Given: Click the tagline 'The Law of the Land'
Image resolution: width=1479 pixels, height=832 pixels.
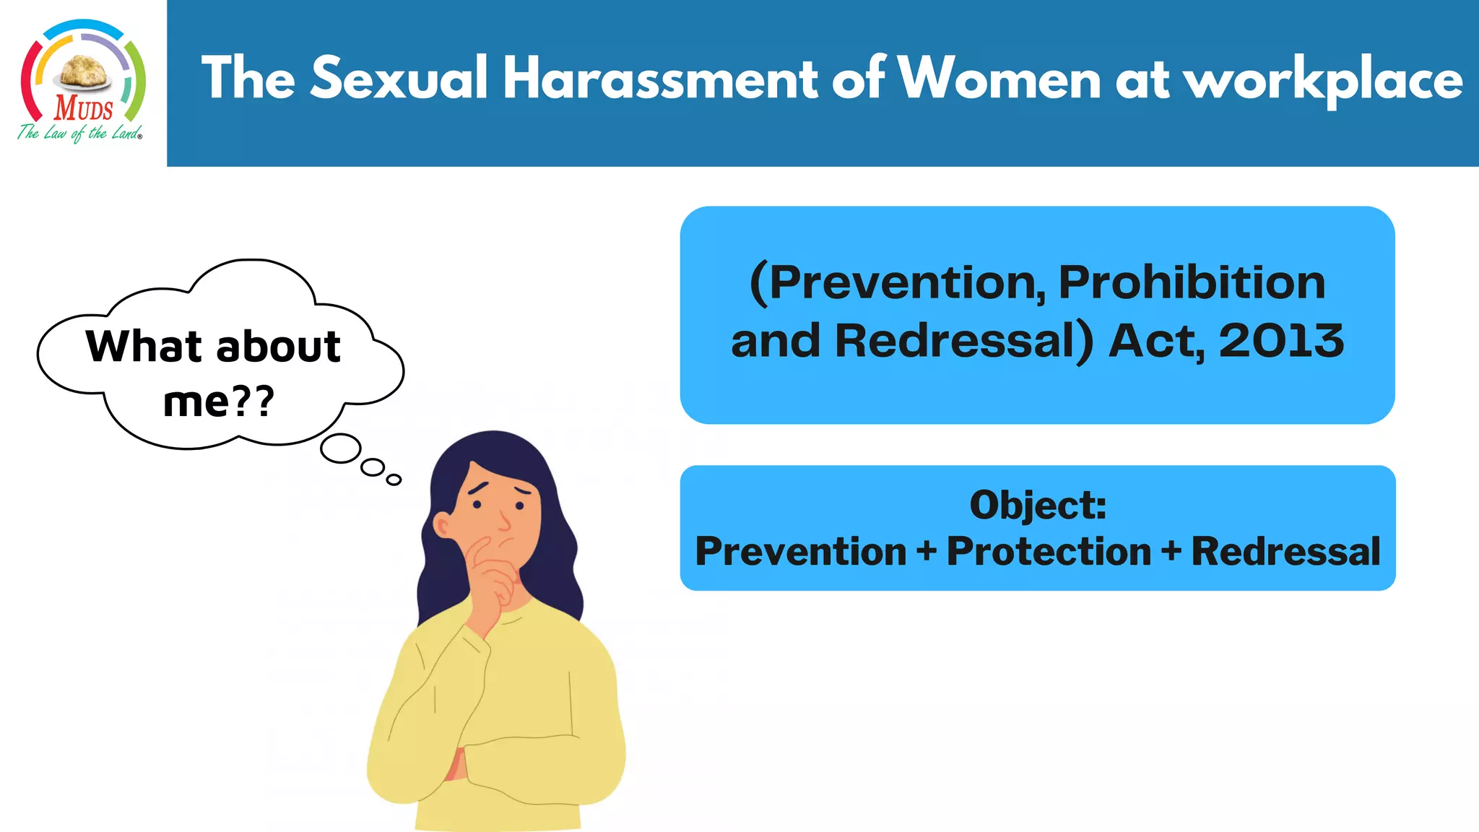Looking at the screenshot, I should [x=79, y=133].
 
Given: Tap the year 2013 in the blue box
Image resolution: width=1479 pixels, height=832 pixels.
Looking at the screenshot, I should [x=1281, y=340].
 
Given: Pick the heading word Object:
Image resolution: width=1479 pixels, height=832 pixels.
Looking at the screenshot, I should [x=1038, y=505].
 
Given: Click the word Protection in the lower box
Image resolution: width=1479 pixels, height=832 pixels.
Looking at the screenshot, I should [x=1049, y=552].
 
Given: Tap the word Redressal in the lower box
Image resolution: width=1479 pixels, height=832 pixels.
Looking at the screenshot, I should [x=1285, y=552].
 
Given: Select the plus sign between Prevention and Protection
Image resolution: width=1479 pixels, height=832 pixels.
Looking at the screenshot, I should [x=926, y=552].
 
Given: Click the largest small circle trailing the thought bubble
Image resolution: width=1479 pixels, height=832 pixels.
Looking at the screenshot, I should [x=341, y=448].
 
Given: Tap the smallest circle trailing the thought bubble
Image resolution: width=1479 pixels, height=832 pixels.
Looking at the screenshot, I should [x=394, y=480].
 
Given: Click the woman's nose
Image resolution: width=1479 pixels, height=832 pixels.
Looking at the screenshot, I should [x=503, y=521].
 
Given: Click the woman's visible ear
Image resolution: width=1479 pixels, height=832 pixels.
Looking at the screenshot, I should [x=441, y=525].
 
